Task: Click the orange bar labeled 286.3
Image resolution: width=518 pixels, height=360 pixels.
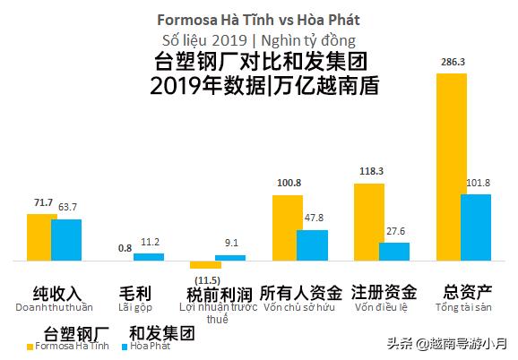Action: coord(451,167)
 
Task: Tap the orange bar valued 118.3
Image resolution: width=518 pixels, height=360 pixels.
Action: coord(369,221)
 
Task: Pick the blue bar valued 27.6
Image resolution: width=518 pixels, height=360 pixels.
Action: coord(394,251)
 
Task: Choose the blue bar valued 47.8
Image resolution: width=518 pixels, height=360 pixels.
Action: coord(312,244)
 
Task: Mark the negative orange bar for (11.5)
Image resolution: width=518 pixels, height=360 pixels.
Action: coord(205,264)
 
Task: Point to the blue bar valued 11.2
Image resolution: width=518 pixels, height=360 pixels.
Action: coord(149,256)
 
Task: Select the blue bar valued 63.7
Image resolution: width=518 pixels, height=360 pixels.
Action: coord(66,239)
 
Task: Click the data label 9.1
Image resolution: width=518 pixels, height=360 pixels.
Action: coord(231,243)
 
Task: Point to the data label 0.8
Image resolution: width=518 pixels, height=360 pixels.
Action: coord(125,248)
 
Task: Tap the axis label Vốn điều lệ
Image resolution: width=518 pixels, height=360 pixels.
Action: coord(384,307)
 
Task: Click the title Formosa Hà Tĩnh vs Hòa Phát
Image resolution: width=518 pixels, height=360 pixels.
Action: coord(260,19)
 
